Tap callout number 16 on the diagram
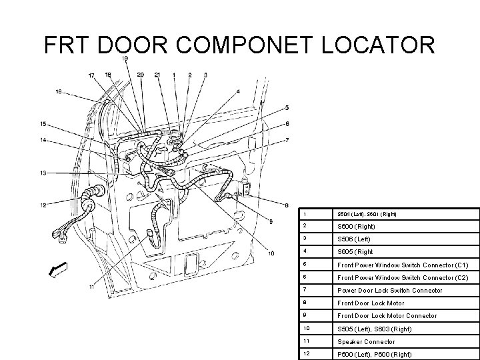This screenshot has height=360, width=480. pos(59,91)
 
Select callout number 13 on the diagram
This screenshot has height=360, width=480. pos(42,173)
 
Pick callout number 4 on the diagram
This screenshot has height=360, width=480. pos(238,91)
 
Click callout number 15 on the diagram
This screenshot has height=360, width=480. pos(42,123)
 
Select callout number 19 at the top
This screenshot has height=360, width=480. pos(125,59)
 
